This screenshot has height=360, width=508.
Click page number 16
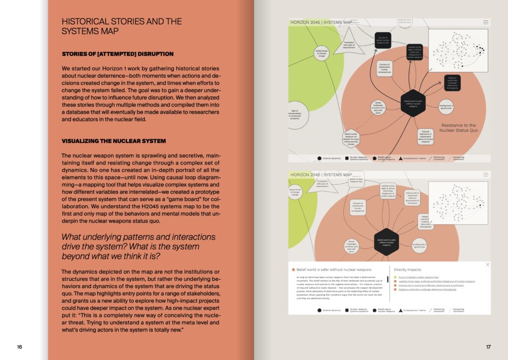coord(19,347)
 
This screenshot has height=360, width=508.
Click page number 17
coord(488,347)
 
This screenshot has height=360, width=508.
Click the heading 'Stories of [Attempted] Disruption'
coord(118,54)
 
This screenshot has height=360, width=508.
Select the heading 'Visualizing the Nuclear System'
coord(114,141)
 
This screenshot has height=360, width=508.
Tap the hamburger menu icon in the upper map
coord(486,22)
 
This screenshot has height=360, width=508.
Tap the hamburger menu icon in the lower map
coord(486,175)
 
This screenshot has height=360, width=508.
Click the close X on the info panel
coord(488,265)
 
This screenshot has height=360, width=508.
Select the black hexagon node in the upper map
coord(413,103)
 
